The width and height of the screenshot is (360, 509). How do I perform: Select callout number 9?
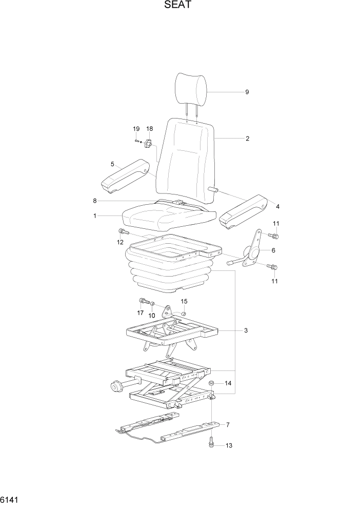(x=247, y=92)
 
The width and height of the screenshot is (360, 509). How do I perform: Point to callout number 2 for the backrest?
(x=247, y=139)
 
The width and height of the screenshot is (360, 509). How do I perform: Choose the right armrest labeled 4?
(x=244, y=211)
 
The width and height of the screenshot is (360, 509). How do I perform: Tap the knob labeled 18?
(x=149, y=145)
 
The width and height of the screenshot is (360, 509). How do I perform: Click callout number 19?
(x=136, y=128)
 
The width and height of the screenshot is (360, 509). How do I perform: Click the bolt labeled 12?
(x=122, y=231)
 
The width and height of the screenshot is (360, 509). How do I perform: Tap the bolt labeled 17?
(x=143, y=301)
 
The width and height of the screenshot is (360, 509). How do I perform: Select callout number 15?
(x=184, y=301)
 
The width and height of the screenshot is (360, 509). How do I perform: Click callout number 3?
(x=246, y=330)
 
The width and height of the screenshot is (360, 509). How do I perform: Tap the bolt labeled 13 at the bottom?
(x=211, y=443)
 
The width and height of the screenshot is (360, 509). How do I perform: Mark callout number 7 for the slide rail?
(x=228, y=424)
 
